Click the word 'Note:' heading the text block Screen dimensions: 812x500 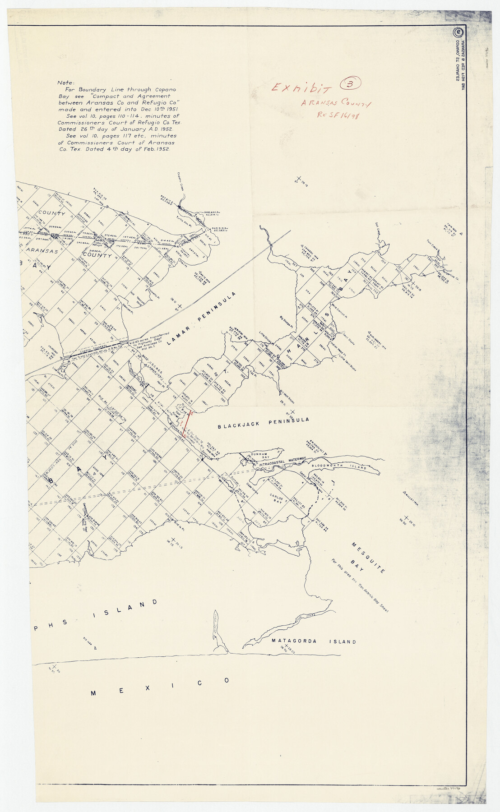point(66,83)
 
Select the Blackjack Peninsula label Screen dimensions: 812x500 point(264,423)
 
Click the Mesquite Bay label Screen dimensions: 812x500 point(368,558)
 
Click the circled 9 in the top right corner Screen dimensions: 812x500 point(458,33)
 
